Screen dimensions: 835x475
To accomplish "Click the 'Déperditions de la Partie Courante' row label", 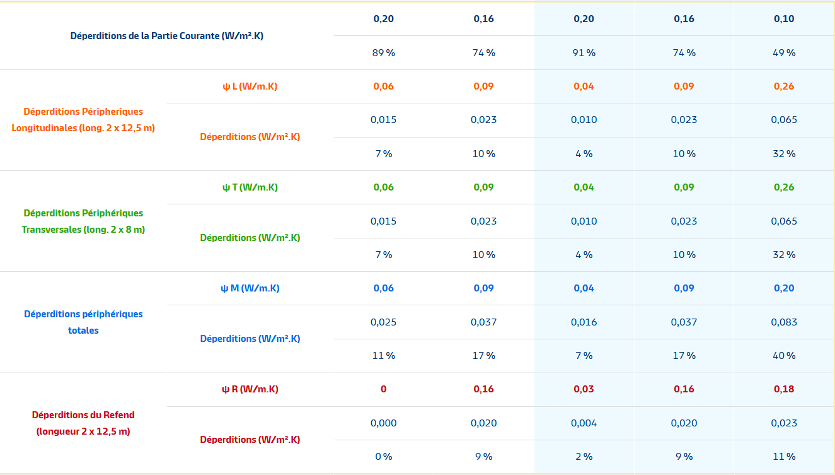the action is coord(166,36).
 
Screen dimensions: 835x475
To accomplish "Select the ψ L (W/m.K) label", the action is coord(250,86).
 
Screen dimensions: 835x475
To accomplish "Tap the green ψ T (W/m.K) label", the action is coord(250,187).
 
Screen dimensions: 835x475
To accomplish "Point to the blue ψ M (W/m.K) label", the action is coord(250,288).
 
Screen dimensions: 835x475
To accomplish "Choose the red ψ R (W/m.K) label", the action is coord(250,389).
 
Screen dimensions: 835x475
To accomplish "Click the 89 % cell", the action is coord(384,52).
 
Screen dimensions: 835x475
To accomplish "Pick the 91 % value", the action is coord(584,52).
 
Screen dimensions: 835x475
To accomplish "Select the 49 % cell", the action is coord(784,52).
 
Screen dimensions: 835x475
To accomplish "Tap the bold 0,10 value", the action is coord(784,19).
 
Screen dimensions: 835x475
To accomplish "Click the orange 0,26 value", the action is coord(784,86).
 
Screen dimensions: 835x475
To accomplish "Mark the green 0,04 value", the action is coord(584,187).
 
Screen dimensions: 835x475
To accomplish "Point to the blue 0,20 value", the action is coord(784,288).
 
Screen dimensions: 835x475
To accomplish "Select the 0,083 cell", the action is coord(784,322).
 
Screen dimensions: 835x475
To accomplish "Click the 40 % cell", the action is coord(784,356).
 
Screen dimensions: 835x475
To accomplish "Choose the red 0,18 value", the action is coord(784,389).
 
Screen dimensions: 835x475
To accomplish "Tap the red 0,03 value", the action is coord(584,389).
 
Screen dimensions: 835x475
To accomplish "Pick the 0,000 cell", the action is coord(384,423).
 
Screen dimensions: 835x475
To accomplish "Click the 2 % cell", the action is coord(584,456).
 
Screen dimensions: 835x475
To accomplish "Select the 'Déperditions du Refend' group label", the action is coord(83,423).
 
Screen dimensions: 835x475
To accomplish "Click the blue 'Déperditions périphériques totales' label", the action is coord(83,322).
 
